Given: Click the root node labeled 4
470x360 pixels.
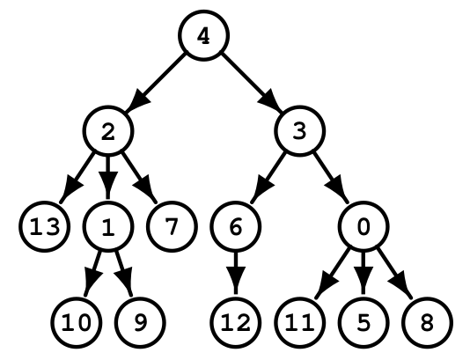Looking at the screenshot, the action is click(204, 35).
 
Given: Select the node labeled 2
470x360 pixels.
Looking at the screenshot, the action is click(108, 131).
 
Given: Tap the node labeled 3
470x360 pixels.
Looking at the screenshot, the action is click(300, 131).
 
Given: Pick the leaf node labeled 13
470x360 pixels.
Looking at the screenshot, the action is click(45, 226).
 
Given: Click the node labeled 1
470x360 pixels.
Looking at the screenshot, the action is click(108, 226).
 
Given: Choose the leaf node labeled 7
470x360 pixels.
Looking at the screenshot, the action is click(172, 226).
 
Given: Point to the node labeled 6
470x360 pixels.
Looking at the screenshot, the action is click(236, 226).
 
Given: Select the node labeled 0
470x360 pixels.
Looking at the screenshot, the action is click(364, 226).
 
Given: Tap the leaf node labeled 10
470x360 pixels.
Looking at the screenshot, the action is click(77, 323).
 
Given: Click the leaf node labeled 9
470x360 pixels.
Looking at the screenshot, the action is click(140, 323).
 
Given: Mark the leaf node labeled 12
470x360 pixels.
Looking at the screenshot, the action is click(236, 323).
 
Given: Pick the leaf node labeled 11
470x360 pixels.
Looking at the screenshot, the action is click(300, 323).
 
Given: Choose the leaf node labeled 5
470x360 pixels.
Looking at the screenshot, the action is click(364, 323).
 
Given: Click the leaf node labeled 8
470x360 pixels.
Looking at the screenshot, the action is click(428, 323).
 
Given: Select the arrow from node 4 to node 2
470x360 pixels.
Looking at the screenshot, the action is click(155, 84).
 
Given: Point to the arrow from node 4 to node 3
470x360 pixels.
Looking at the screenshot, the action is click(252, 84).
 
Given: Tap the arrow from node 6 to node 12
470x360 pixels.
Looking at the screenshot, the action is click(236, 274).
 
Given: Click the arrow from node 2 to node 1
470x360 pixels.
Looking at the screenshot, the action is click(108, 178).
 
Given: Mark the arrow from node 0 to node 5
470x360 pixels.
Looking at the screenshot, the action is click(364, 274).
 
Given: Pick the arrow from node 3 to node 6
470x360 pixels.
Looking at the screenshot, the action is click(268, 179).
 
